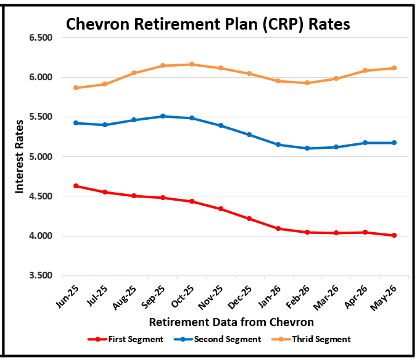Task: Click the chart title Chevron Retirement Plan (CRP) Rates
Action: coord(208,24)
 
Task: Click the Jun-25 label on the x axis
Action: coord(67,295)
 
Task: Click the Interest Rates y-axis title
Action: coord(19,157)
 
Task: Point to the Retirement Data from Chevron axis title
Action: coord(231,322)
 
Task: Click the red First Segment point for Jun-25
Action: coord(76,186)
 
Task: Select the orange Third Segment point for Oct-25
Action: coord(192,64)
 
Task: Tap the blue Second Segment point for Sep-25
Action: coord(163,116)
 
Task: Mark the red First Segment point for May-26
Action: coord(394,235)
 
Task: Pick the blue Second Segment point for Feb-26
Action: coord(307,148)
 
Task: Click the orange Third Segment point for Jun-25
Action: coord(76,88)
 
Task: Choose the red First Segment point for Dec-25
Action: coord(249,219)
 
